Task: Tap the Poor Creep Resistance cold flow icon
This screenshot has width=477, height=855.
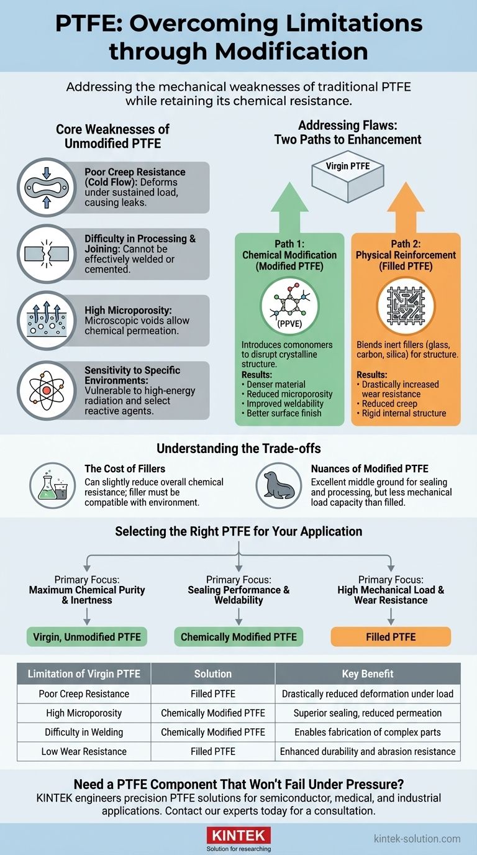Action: (47, 187)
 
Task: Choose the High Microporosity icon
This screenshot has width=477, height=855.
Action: (47, 321)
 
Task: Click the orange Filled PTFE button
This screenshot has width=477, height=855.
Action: (391, 637)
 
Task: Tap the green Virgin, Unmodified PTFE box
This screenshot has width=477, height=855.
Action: (86, 637)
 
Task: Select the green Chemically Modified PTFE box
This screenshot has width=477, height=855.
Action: (238, 637)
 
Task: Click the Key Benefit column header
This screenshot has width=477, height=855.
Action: (368, 674)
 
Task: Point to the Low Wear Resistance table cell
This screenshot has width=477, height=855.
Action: (84, 751)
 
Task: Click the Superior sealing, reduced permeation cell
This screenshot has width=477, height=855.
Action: (368, 713)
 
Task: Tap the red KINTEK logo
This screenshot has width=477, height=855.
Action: (238, 834)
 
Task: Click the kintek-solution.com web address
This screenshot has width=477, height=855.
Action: (417, 838)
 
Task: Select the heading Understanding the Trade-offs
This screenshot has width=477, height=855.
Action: (238, 448)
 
